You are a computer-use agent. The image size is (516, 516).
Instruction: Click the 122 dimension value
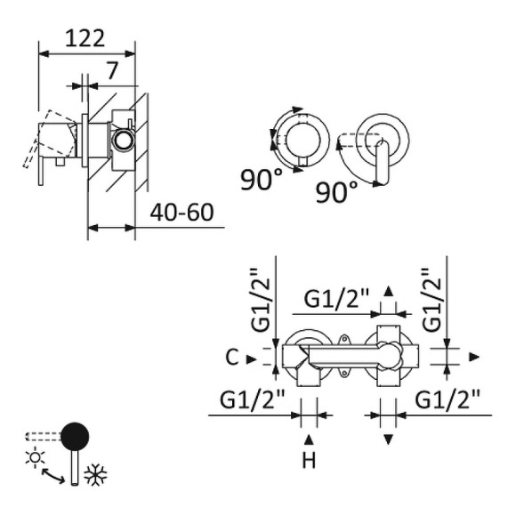pos(85,38)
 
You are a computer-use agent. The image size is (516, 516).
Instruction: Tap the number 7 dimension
pos(112,70)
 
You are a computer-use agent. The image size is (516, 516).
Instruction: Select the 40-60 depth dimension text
pos(181,213)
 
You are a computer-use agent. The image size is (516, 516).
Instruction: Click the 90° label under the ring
pos(262,180)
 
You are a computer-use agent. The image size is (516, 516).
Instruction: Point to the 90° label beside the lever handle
pos(336,192)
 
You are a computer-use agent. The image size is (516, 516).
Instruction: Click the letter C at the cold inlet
pos(232,357)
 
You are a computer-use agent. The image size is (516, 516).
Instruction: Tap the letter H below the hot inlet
pos(309,460)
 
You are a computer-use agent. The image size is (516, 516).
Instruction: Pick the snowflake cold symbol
pos(96,474)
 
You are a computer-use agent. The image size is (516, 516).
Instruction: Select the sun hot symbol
pos(35,457)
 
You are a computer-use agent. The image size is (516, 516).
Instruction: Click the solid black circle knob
pos(75,436)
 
